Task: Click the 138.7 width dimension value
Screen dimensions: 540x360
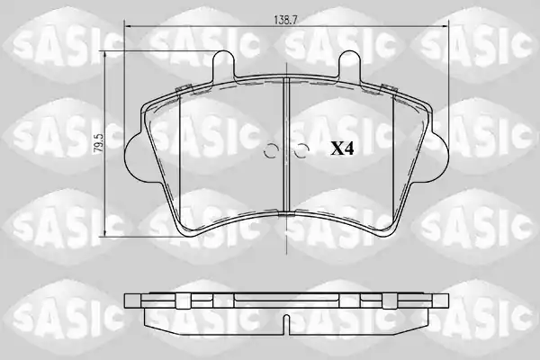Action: click(285, 20)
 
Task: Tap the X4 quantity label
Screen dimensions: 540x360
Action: click(342, 148)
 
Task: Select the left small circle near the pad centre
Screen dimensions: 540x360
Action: click(270, 150)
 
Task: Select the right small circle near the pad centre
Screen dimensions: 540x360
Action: click(302, 150)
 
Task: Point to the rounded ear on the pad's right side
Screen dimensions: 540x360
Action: click(439, 155)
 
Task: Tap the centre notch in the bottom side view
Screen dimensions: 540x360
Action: click(286, 325)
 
